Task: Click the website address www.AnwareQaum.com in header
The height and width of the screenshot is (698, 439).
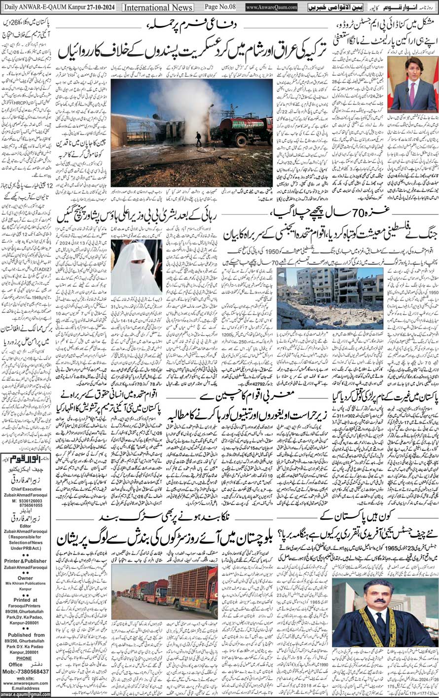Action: pyautogui.click(x=272, y=7)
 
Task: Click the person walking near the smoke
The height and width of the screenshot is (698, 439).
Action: pyautogui.click(x=198, y=139)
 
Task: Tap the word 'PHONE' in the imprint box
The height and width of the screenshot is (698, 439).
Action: pyautogui.click(x=24, y=658)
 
